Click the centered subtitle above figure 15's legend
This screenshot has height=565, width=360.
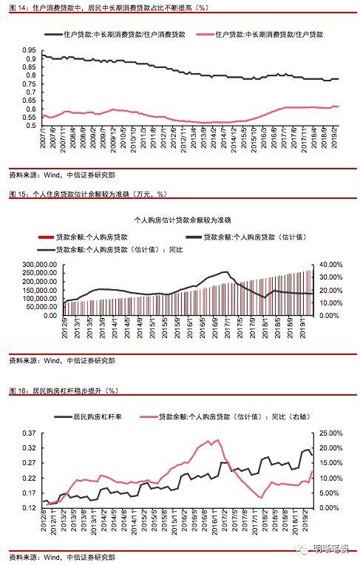pyautogui.click(x=181, y=220)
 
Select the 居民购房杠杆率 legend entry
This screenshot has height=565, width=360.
pyautogui.click(x=92, y=417)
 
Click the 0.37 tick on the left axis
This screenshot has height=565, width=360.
pyautogui.click(x=27, y=433)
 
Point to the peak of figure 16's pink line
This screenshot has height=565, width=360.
pyautogui.click(x=216, y=441)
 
